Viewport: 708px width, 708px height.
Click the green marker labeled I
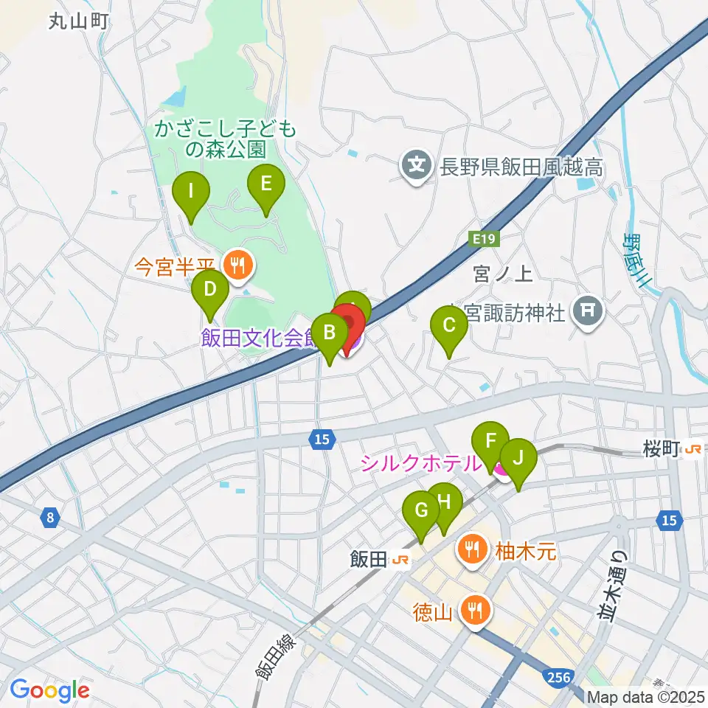point(190,193)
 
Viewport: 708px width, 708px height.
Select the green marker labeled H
point(444,503)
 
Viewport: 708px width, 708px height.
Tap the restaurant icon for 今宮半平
point(237,264)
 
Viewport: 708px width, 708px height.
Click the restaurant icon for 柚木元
point(471,549)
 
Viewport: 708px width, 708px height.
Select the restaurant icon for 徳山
point(473,609)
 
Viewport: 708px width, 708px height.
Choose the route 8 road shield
point(49,518)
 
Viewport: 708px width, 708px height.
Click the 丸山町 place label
point(79,22)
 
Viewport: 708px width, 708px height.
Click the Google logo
point(49,691)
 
